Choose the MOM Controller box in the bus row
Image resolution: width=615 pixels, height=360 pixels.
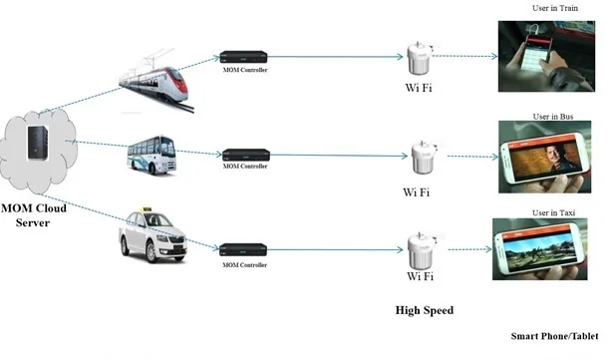(244, 155)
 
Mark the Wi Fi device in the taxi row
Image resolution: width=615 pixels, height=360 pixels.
(419, 249)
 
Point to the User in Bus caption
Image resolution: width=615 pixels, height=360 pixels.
(552, 117)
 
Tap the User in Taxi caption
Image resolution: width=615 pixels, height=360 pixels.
(552, 212)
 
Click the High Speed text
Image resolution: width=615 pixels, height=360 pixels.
(424, 310)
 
